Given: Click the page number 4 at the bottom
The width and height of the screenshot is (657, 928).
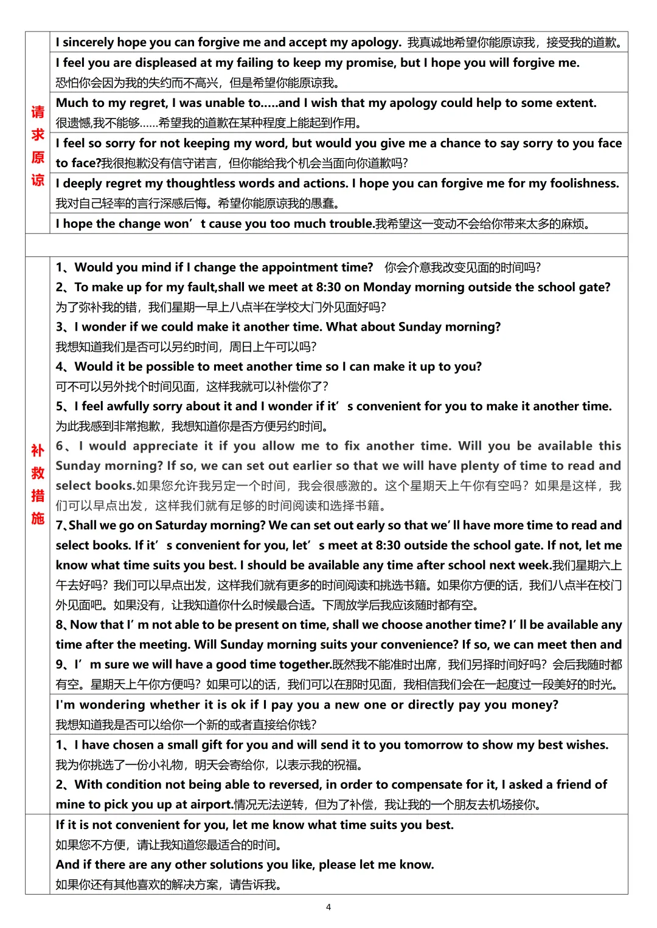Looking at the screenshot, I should [328, 907].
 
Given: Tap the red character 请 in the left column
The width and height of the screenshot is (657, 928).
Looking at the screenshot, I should [38, 112].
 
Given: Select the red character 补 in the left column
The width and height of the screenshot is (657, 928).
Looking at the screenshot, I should [38, 450].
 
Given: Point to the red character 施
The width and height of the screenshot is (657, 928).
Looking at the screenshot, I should [38, 518].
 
